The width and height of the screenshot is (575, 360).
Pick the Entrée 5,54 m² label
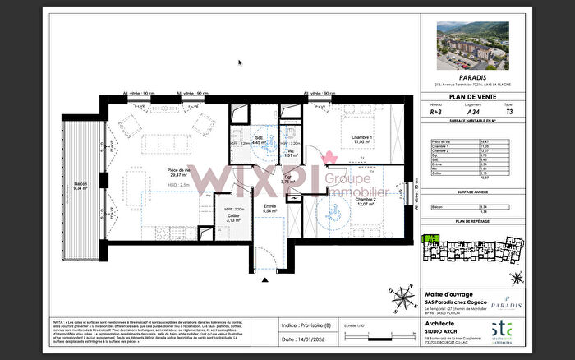coord(269,209)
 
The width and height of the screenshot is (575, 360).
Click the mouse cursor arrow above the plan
coord(240,62)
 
